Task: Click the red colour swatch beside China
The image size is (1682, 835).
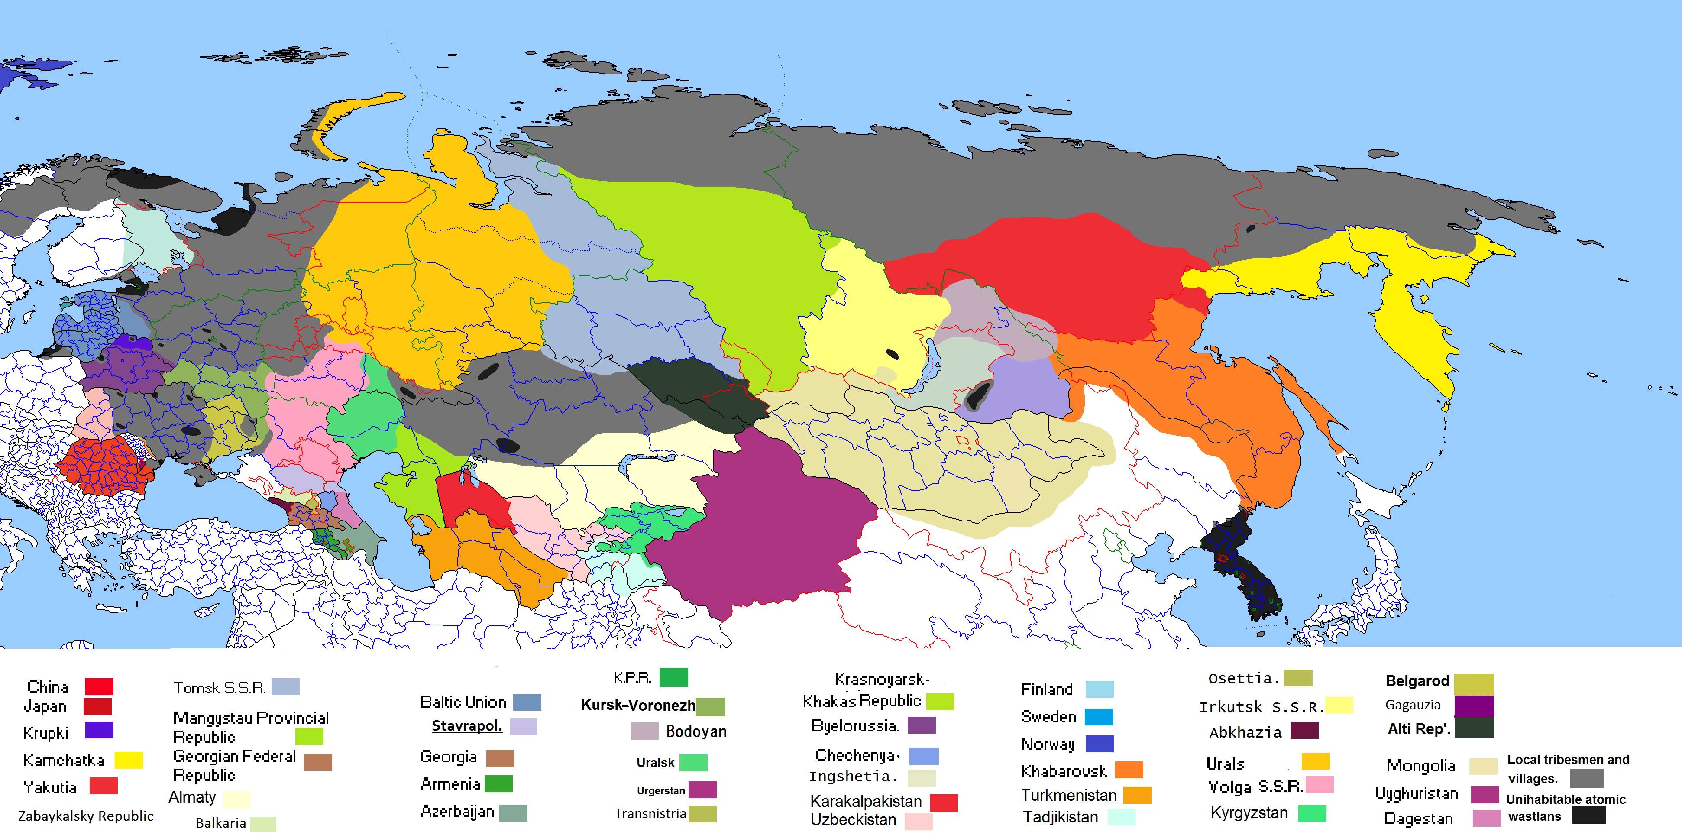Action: point(99,686)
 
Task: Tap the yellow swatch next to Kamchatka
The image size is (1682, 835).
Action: point(129,760)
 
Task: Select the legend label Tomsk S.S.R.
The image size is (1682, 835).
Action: point(220,687)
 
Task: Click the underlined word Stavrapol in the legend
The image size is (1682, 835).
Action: point(467,726)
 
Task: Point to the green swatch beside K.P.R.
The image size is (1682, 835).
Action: point(673,677)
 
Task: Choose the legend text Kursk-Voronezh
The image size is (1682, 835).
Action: point(638,705)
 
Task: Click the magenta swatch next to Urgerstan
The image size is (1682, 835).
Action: point(702,789)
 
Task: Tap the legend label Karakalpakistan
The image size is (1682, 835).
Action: point(866,801)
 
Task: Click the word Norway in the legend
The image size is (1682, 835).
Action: point(1047,744)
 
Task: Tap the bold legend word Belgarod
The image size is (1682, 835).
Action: point(1417,681)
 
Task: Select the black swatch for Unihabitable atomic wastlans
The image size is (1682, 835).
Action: point(1588,815)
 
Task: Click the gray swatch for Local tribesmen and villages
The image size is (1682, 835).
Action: point(1587,778)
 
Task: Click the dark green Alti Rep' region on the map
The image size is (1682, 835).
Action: point(699,392)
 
